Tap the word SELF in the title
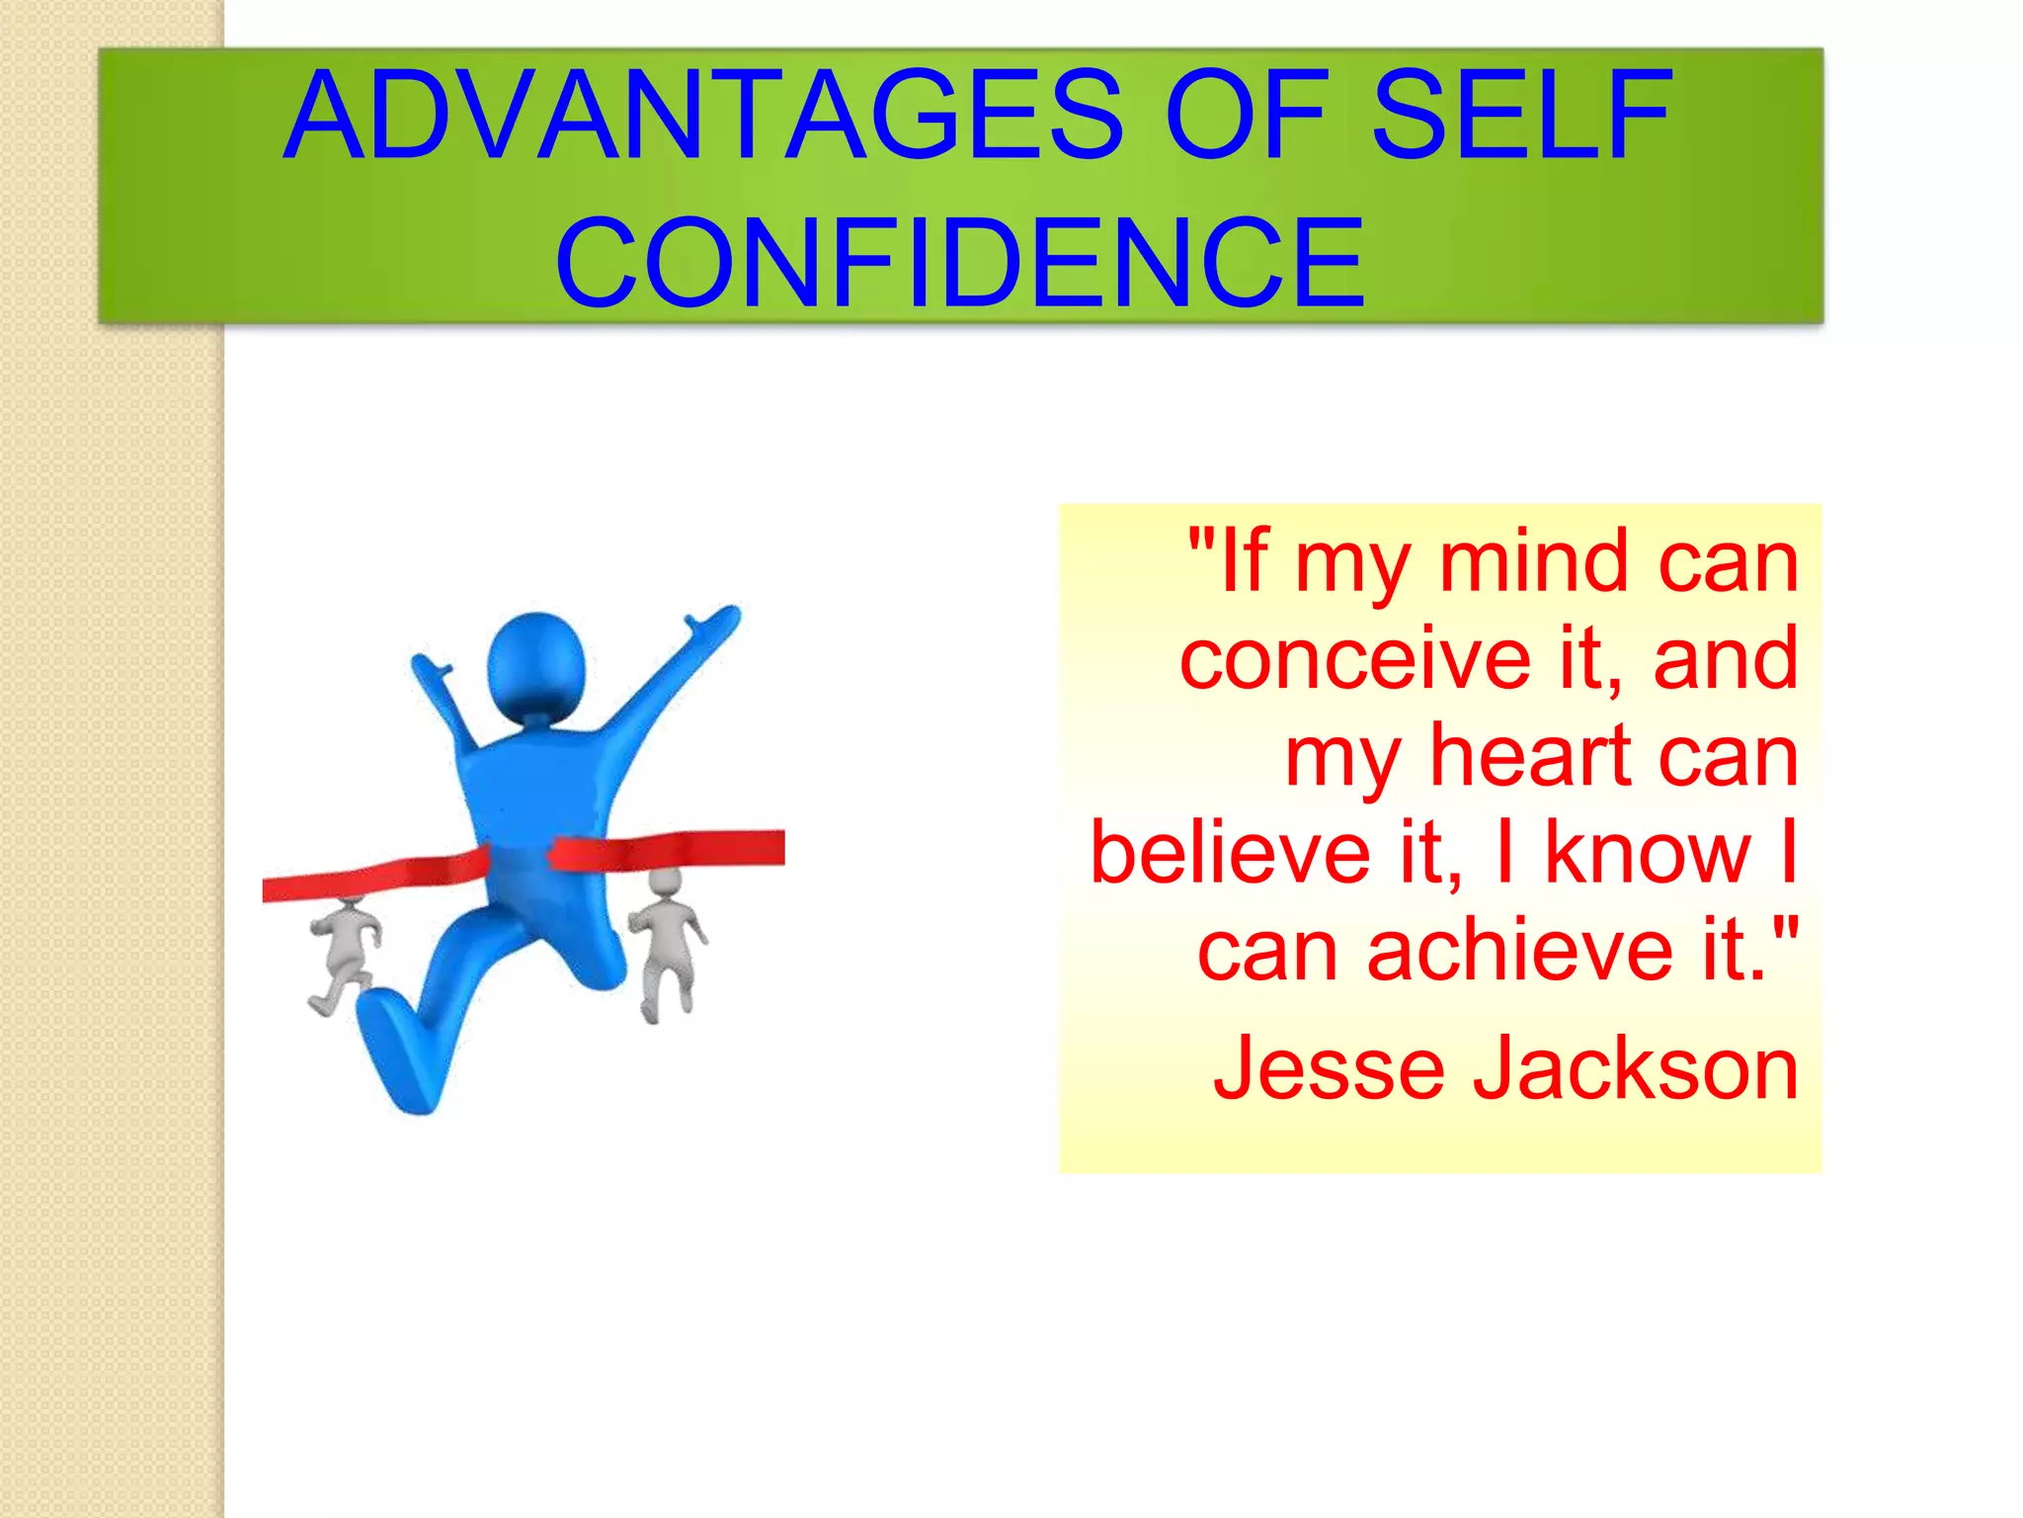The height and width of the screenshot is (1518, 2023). point(1521,116)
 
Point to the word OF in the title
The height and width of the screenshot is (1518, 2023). point(1247,116)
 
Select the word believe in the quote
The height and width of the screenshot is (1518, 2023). point(1230,853)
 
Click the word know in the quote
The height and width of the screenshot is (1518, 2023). point(1647,853)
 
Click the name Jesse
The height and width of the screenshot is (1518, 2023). point(1328,1068)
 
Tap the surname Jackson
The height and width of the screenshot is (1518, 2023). point(1635,1068)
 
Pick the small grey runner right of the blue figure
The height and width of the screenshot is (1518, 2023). point(666,939)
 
